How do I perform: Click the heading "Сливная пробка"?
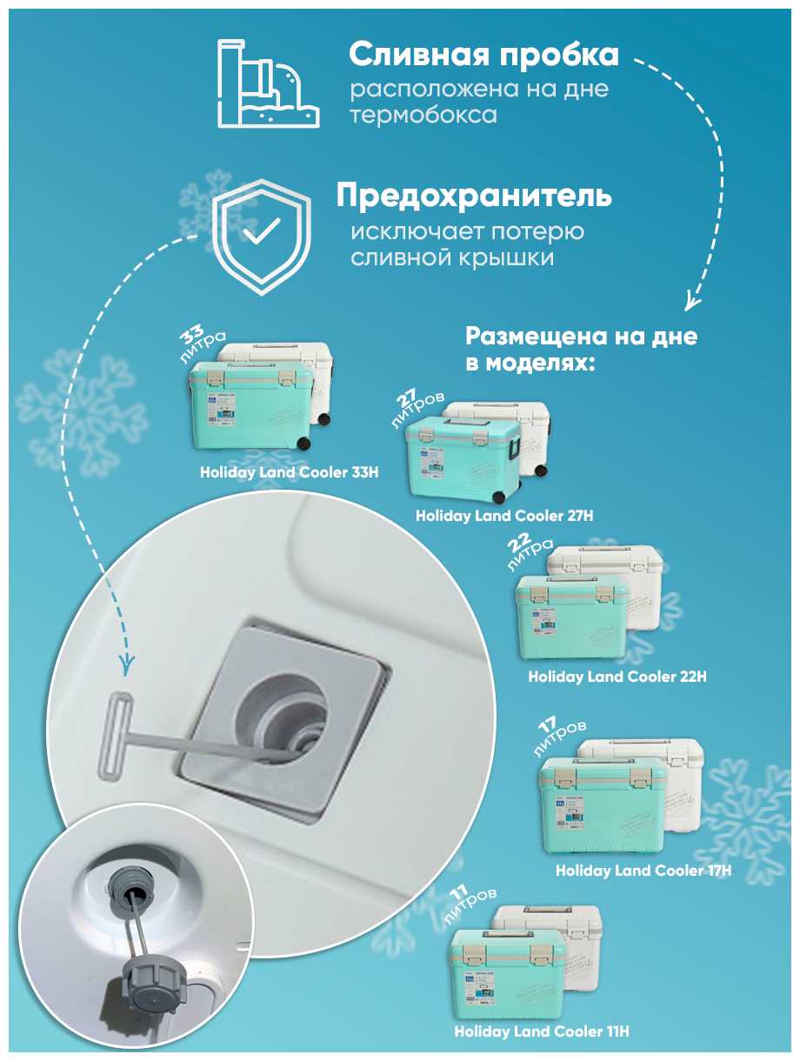click(483, 56)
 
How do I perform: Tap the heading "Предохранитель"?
click(474, 197)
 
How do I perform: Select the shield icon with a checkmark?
click(262, 237)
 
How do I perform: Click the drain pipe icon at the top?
click(268, 83)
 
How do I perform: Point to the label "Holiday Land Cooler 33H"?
click(289, 472)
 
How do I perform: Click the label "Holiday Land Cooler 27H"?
click(504, 516)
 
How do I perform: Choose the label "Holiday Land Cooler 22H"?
click(617, 677)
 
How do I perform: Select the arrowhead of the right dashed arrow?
click(692, 300)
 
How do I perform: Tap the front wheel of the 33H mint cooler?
click(303, 443)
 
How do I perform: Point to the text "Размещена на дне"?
click(581, 336)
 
